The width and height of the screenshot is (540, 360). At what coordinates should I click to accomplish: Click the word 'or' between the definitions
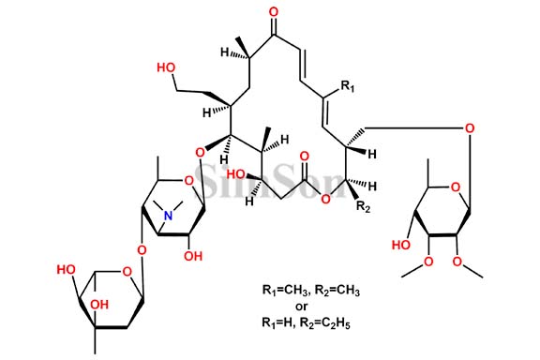pyautogui.click(x=302, y=307)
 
